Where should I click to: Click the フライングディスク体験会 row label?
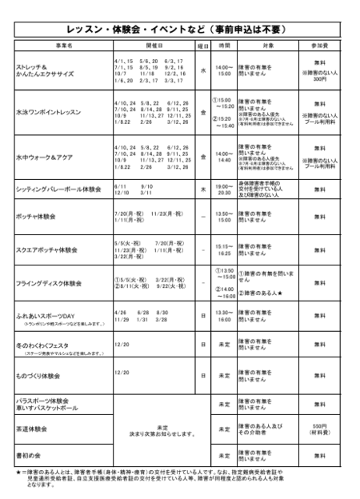(x=50, y=283)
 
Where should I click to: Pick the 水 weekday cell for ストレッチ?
(x=203, y=70)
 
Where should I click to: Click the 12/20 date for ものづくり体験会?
(x=122, y=371)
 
